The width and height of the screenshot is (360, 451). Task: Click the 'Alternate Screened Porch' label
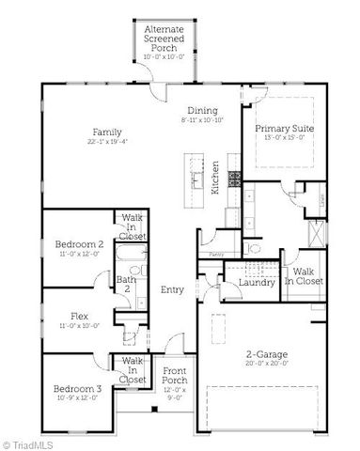(164, 37)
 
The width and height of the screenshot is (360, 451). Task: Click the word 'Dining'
(201, 109)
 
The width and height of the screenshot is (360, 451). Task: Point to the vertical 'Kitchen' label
(215, 176)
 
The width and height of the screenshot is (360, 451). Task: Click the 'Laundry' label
(257, 282)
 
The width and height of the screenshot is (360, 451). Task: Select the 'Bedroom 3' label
(76, 388)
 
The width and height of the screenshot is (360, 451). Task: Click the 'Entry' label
(172, 289)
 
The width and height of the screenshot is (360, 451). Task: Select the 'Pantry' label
(216, 253)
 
